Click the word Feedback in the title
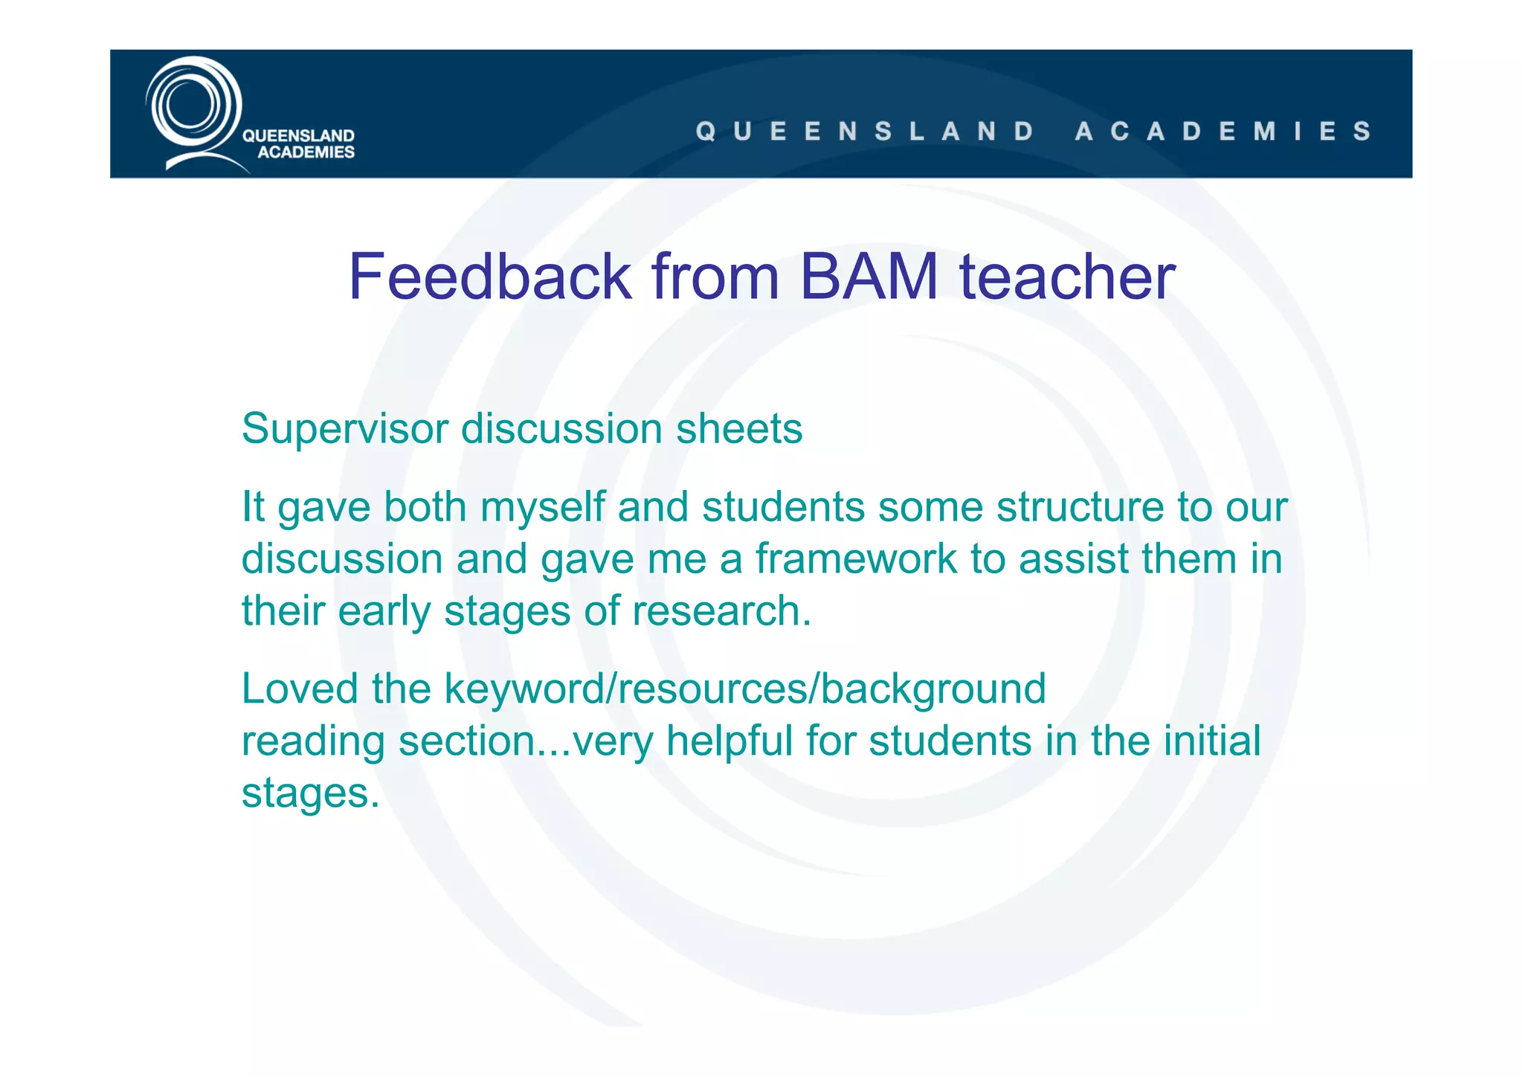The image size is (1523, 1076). [x=489, y=277]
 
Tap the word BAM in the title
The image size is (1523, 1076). [x=868, y=277]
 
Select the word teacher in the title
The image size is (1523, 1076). [x=1067, y=277]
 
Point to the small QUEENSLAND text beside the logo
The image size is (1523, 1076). [x=298, y=135]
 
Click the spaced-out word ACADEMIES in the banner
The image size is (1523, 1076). [x=1222, y=131]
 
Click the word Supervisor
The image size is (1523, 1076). [x=345, y=429]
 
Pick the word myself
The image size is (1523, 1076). [x=541, y=507]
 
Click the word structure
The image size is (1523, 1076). [x=1080, y=507]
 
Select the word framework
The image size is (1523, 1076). [x=855, y=558]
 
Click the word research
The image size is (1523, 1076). [x=721, y=611]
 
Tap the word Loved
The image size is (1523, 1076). [x=299, y=689]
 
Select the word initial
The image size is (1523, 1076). [x=1211, y=741]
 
